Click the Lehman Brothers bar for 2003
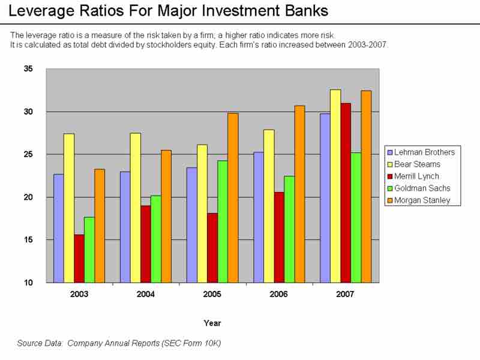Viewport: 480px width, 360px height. (x=59, y=228)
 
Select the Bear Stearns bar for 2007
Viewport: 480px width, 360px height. (x=335, y=186)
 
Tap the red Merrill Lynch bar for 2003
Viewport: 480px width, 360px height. (x=79, y=258)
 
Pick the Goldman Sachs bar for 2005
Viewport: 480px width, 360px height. (x=223, y=221)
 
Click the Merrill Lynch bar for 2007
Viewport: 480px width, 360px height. (x=345, y=193)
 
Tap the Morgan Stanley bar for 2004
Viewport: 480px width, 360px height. (x=166, y=216)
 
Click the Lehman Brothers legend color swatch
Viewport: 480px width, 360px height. (x=391, y=152)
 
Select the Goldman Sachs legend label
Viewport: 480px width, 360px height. (x=422, y=188)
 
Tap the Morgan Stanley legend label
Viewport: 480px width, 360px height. (x=422, y=200)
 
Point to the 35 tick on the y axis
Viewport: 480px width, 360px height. (x=29, y=69)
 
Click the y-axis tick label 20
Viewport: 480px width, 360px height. (x=29, y=197)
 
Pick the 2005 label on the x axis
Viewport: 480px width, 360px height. (x=212, y=295)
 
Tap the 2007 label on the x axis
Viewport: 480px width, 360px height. (x=345, y=295)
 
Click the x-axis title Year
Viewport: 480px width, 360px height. (x=212, y=323)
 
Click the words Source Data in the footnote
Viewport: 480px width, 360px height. (x=40, y=343)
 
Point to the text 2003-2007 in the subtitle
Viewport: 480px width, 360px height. (x=370, y=45)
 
